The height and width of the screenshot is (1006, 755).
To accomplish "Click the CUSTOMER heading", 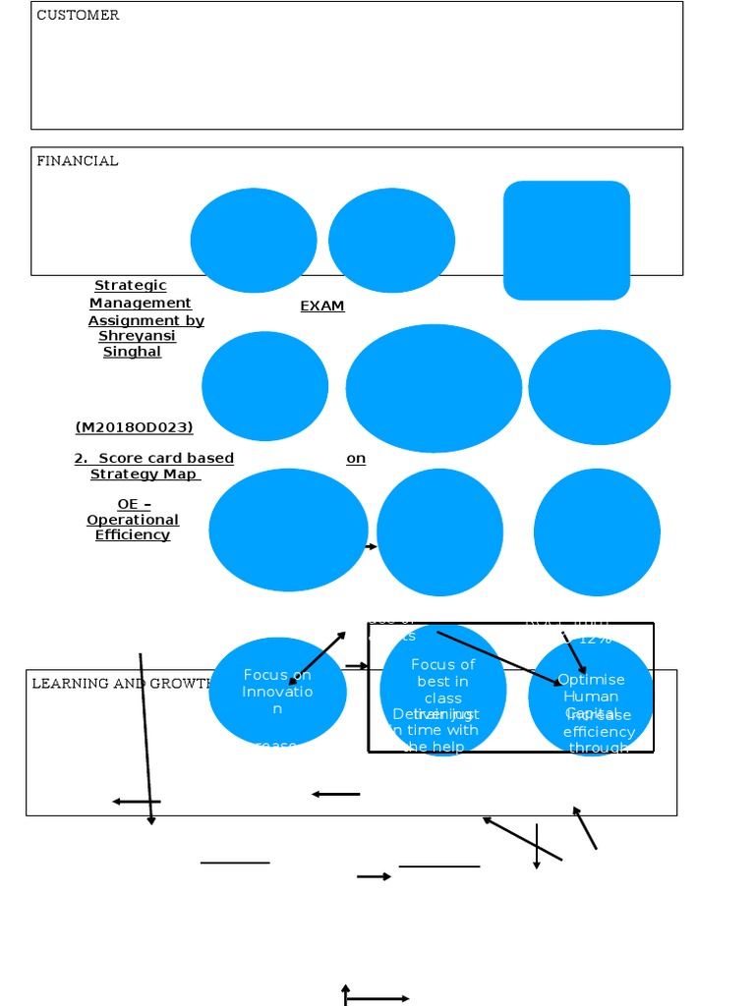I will pos(78,16).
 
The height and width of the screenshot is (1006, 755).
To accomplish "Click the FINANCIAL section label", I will pos(78,161).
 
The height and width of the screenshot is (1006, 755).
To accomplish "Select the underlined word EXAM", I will pos(322,307).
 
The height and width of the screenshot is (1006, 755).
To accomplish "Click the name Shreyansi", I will pos(137,336).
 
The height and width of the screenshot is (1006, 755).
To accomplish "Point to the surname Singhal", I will pos(132,352).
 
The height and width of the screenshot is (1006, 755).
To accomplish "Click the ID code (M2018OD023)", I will pos(134,427).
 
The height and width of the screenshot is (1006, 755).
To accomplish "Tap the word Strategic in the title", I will pos(131,286).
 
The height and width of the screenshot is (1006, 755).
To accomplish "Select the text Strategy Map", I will pos(144,475).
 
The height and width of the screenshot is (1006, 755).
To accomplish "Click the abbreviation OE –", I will pos(134,504).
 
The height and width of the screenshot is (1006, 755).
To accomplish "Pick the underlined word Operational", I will pos(133,520).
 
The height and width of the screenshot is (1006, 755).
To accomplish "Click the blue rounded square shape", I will pos(566,240).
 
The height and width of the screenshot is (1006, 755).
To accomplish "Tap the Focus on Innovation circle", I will pos(277,692).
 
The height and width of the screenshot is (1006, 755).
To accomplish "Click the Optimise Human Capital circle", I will pos(591,696).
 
